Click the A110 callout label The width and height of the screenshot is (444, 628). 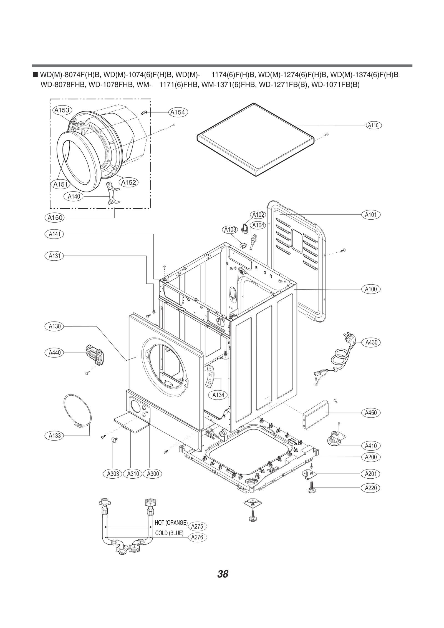373,125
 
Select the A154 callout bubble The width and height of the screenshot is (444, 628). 178,112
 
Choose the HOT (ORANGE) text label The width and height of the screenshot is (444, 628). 171,523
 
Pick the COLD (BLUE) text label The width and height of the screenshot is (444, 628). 169,533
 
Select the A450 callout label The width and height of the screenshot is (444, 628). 371,413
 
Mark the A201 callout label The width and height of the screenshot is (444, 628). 371,474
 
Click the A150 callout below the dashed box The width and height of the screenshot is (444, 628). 55,218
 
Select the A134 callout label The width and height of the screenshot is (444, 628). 218,395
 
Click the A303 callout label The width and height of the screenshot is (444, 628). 113,474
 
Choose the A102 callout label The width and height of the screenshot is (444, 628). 258,215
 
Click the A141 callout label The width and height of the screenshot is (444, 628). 54,234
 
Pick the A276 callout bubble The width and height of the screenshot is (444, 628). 197,537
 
